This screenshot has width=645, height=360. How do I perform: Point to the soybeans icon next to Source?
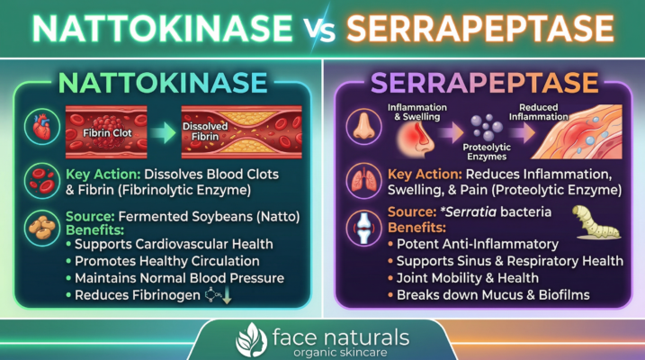pos(39,227)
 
